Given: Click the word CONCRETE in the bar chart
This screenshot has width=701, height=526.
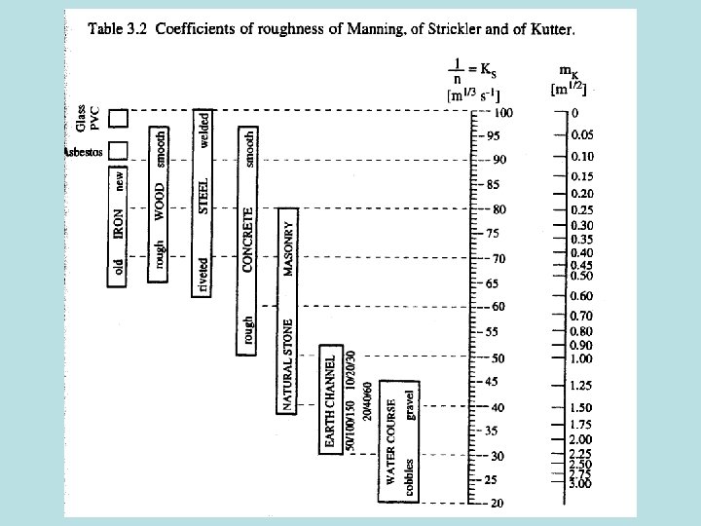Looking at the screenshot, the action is tap(249, 239).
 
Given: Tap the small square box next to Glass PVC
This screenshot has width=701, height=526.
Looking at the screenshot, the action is tap(118, 119).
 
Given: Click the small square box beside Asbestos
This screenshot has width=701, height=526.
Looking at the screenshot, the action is tap(118, 150).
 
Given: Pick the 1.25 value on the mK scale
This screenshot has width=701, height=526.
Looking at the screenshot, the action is tap(581, 385).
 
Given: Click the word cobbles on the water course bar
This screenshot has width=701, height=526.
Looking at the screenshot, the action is tap(411, 478).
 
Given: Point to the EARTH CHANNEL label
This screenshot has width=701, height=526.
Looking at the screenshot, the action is tap(330, 402).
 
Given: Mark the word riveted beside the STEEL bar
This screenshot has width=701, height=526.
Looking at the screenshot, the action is tap(203, 275).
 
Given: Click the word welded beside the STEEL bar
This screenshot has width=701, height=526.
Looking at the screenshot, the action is tap(203, 131).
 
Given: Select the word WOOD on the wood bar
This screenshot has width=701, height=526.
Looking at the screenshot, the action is tap(160, 201).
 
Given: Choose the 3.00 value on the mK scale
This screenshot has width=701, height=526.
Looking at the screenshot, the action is tap(581, 483).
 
